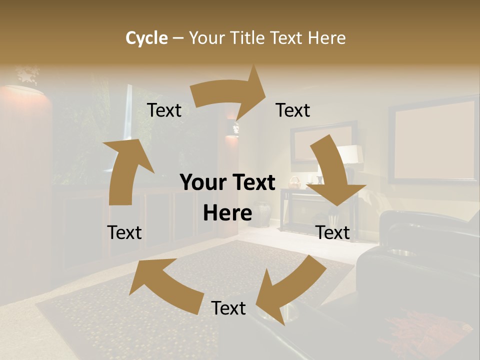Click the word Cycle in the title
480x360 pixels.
146,38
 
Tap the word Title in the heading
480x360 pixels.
249,38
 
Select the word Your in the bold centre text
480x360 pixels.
203,183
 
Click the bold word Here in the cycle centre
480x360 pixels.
227,213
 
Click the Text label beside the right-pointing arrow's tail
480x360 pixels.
164,110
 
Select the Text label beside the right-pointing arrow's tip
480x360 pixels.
293,110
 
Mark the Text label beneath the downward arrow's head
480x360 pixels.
332,232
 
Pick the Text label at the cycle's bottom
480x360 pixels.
228,308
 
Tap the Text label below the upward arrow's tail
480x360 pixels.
124,232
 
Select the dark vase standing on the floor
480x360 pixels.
261,213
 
